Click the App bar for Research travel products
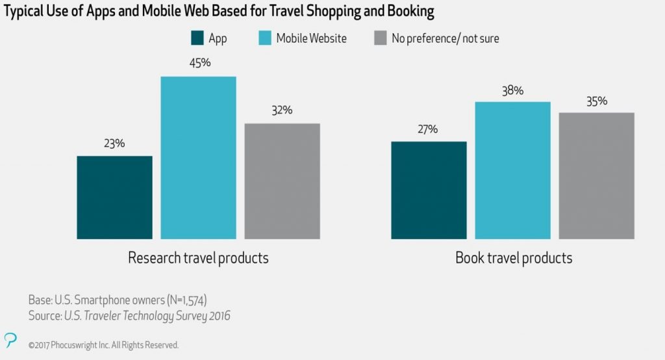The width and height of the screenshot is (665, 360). pos(114,198)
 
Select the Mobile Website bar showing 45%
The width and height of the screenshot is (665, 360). pos(198,158)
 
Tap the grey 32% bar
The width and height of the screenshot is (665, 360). pos(282,181)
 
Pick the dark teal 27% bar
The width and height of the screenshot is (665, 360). pos(429,190)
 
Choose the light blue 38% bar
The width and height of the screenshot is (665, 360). pos(512,170)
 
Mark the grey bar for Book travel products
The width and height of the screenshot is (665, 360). pos(596,175)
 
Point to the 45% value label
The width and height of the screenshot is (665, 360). pos(198,64)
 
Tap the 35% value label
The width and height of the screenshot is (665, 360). pos(596,101)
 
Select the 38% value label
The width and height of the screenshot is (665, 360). pos(512,90)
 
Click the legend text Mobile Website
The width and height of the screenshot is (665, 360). pos(311,38)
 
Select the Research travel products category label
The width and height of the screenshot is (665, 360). pos(198,258)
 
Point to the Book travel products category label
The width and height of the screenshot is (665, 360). pos(514,258)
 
